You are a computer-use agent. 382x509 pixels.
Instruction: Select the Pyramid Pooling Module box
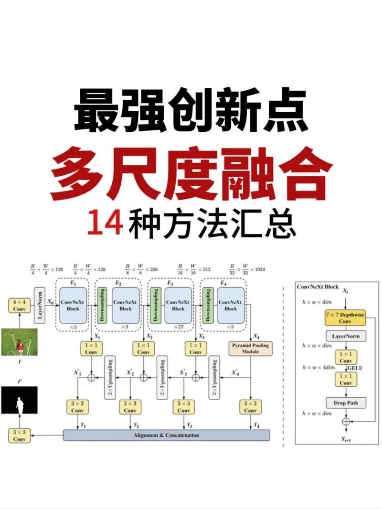250,348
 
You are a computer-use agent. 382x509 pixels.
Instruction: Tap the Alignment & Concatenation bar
166,435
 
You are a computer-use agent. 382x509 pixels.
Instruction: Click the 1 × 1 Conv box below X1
91,349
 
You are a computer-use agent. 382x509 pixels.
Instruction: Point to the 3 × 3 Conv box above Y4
250,407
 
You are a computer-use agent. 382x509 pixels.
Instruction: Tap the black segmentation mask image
19,400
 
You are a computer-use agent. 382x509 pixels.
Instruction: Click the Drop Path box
346,403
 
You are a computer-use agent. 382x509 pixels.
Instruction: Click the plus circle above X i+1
346,421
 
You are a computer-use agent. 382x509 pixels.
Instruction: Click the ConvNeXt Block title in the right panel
318,287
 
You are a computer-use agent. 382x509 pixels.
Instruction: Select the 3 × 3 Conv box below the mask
19,435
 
